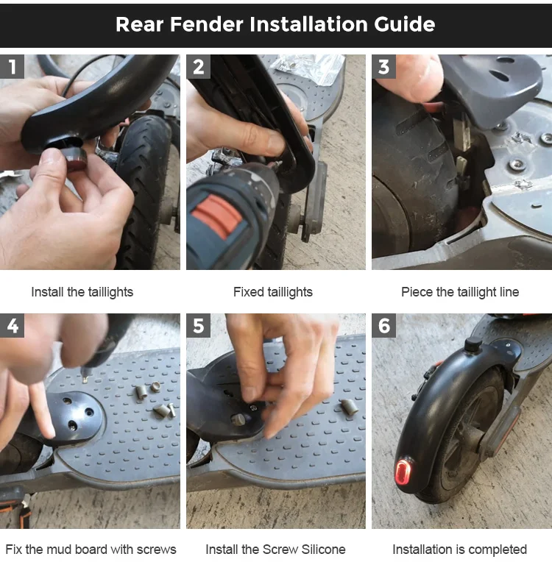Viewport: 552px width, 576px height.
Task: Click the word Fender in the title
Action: coord(207,24)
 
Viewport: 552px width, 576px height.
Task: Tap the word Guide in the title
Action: coord(404,24)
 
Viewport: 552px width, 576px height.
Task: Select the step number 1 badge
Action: coord(12,66)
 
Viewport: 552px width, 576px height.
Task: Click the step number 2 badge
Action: coord(198,66)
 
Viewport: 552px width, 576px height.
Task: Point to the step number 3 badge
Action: coord(383,66)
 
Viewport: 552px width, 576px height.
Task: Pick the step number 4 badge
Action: coord(12,325)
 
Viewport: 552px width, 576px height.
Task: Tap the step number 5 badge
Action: coord(198,325)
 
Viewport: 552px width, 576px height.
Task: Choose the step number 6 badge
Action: coord(383,325)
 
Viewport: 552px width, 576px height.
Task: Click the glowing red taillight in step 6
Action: coord(403,472)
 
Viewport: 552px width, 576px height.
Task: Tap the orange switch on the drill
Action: coord(217,216)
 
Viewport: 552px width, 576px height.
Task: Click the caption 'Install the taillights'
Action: coord(82,292)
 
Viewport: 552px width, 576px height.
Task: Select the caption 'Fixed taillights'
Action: coord(273,292)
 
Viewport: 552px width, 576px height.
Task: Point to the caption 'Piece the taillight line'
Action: coord(460,292)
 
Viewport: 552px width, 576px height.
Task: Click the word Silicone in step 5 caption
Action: coord(323,550)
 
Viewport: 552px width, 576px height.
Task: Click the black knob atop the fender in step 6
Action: coord(473,345)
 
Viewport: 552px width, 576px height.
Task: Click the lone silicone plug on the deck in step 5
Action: coord(350,406)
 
